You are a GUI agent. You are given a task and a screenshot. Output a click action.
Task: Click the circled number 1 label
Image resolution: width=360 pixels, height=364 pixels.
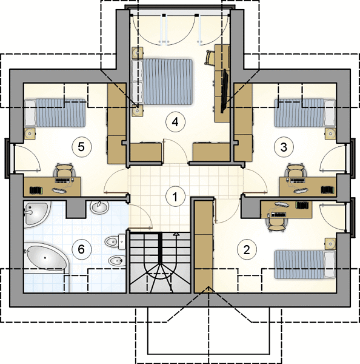[x=175, y=197]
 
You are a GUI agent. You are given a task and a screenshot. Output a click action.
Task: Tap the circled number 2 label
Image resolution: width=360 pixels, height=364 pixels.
[x=247, y=249]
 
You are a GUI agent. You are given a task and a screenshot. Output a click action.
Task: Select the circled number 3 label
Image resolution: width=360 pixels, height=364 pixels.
[x=284, y=147]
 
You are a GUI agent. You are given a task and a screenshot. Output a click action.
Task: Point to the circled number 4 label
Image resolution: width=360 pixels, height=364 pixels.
[x=175, y=122]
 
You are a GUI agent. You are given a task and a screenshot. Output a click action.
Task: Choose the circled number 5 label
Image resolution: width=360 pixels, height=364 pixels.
[x=81, y=147]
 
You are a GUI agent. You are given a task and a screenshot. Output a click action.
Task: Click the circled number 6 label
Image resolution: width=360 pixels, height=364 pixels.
[x=81, y=249]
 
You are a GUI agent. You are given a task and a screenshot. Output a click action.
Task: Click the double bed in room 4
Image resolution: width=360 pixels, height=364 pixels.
[x=162, y=82]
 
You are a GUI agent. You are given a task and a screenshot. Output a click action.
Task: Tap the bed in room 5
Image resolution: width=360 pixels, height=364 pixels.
[x=55, y=113]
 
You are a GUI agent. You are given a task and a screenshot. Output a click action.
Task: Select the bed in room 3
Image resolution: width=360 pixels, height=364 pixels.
[x=305, y=113]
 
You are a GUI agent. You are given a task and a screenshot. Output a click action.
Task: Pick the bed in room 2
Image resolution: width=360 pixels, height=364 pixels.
[x=305, y=264]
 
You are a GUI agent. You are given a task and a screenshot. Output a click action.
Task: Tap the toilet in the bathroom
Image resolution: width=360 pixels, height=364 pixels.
[x=115, y=241]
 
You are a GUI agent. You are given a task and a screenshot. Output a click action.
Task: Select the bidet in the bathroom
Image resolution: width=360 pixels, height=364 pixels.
[x=117, y=261]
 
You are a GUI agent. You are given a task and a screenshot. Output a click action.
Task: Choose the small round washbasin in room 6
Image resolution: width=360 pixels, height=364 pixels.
[x=99, y=207]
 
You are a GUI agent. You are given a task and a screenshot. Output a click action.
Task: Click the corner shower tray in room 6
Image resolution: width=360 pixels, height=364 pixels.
[x=36, y=214]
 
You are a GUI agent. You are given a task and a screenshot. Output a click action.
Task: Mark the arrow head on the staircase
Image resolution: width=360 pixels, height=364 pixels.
[x=176, y=234]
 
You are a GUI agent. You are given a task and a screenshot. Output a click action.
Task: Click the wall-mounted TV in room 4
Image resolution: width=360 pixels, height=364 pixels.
[x=224, y=91]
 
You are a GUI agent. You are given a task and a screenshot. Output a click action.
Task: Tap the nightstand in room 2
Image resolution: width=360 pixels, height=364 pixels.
[x=330, y=244]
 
